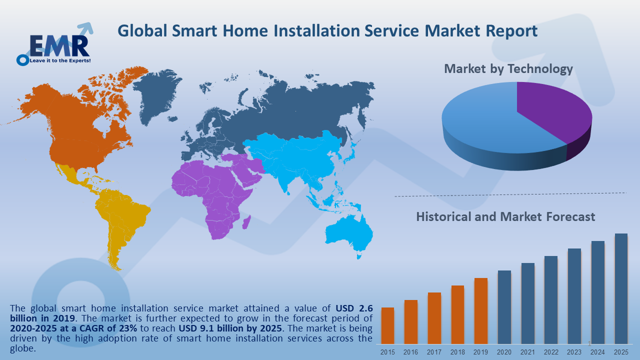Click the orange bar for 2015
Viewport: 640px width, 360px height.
point(387,325)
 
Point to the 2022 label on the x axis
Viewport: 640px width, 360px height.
point(551,352)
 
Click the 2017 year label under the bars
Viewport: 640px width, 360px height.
point(434,352)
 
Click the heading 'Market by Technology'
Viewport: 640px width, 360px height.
point(508,68)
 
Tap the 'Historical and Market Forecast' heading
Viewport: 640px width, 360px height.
point(505,217)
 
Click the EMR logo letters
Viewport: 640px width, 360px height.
point(59,45)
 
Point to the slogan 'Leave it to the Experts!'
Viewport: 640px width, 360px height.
point(61,60)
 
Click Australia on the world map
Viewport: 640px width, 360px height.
point(350,235)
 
